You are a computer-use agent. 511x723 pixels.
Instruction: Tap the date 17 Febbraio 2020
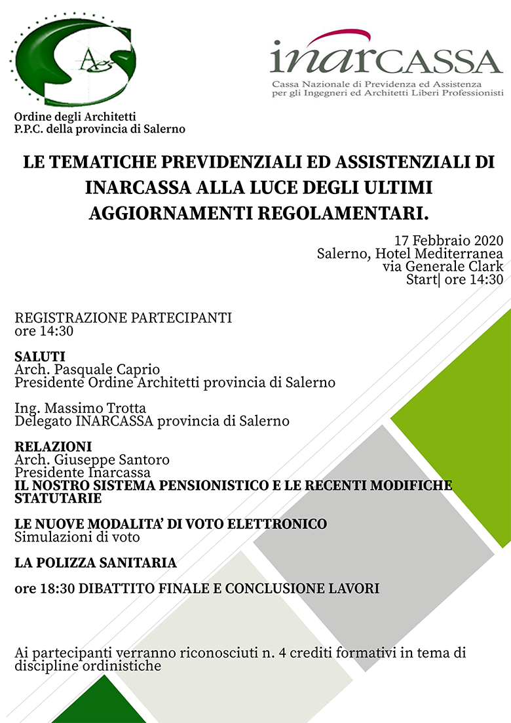[449, 239]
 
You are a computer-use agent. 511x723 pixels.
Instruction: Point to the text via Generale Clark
[443, 266]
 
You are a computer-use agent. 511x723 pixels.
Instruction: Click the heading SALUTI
[40, 357]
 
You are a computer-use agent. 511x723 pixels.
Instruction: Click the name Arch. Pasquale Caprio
[87, 370]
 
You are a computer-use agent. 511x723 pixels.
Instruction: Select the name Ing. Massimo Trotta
[80, 408]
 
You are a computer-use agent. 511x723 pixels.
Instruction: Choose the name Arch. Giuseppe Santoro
[92, 459]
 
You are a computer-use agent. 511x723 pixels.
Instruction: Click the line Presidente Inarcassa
[83, 472]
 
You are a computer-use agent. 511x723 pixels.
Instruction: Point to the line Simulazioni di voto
[77, 537]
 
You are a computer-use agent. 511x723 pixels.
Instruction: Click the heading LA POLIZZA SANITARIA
[96, 563]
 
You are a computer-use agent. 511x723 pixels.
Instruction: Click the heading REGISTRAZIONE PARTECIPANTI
[123, 319]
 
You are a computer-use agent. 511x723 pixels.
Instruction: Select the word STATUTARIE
[58, 499]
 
